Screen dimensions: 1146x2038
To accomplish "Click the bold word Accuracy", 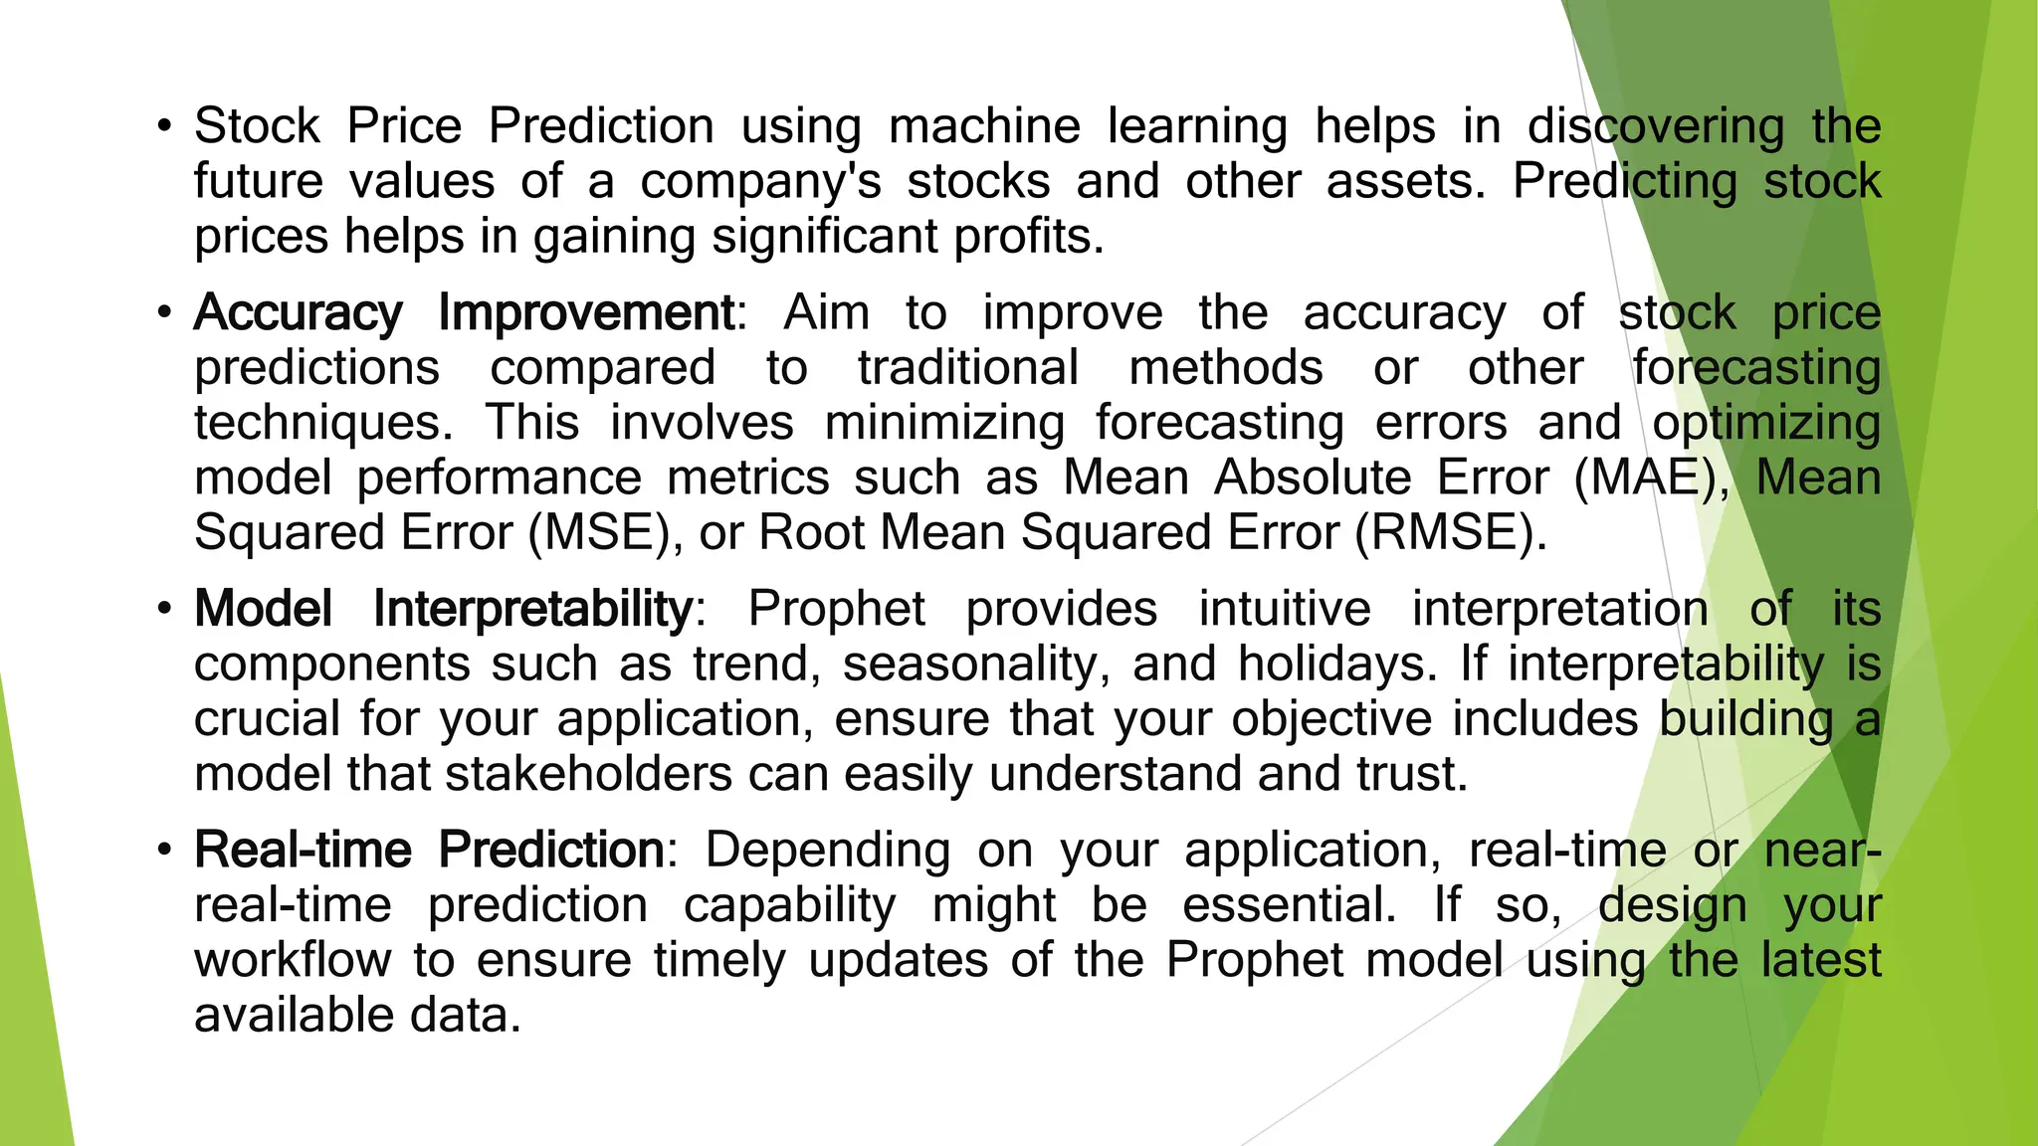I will (x=299, y=313).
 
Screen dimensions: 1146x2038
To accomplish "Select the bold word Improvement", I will (x=586, y=313).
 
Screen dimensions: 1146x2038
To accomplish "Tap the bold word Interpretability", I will (x=532, y=609).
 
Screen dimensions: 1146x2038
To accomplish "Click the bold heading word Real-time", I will (x=303, y=851).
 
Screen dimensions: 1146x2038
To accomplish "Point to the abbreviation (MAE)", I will (x=1652, y=478).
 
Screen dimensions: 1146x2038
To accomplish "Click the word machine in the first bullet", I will (x=984, y=127).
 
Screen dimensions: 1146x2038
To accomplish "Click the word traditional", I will (x=968, y=368).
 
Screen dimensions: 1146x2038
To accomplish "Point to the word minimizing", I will (x=944, y=424).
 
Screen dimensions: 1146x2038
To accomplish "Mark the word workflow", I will (x=293, y=961).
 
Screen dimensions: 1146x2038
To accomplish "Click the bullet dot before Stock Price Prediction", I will (x=165, y=127).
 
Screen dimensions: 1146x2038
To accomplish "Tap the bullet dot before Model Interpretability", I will (x=165, y=609).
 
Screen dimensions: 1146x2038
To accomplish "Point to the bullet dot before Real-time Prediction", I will (x=165, y=851).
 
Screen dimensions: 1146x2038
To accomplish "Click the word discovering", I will (x=1656, y=127).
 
